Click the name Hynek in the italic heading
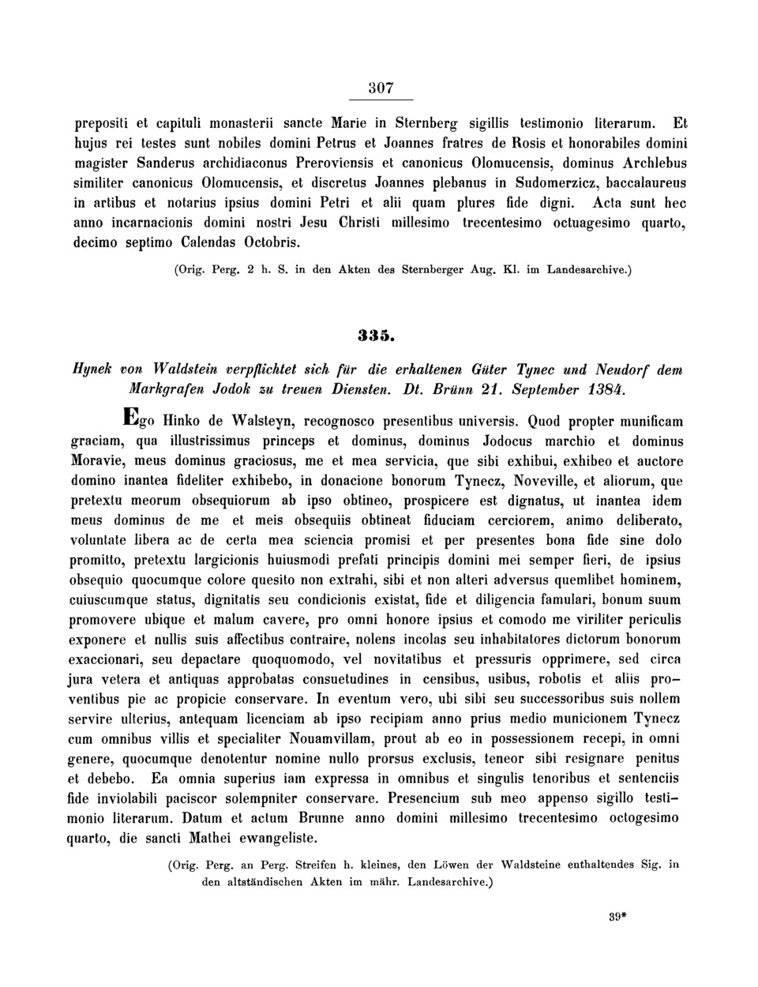coord(93,370)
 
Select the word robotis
coord(558,678)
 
